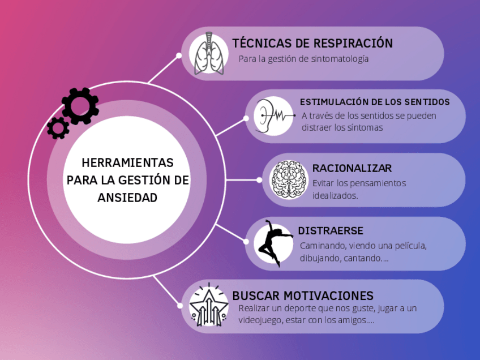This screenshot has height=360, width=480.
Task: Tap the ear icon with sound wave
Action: [272, 115]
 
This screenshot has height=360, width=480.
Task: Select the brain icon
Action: [289, 179]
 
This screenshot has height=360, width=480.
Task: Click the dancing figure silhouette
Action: [273, 243]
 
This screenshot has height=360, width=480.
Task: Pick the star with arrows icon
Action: [208, 306]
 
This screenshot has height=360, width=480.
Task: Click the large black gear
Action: [80, 106]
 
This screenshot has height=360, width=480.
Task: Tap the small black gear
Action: [58, 128]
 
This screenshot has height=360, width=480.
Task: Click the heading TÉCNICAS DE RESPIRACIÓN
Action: [312, 44]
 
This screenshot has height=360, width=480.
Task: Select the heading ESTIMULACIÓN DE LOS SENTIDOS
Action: [375, 102]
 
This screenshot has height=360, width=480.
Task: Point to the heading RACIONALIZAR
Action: [352, 168]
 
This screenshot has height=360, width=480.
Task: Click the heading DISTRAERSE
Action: [331, 231]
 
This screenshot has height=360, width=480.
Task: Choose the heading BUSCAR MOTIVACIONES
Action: [303, 295]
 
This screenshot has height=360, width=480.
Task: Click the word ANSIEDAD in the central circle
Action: [127, 198]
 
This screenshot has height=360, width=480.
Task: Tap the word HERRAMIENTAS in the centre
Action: [127, 163]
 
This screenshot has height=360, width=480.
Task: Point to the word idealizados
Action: [335, 196]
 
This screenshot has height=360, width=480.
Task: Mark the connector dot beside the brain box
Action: [259, 180]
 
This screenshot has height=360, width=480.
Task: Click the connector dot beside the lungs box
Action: [179, 55]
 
